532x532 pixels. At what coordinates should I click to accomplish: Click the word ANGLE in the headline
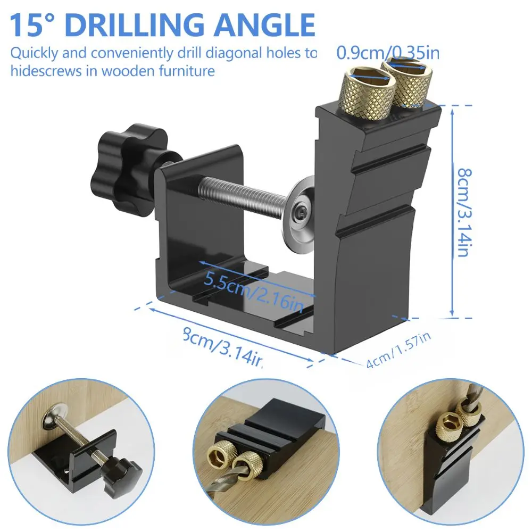(x=269, y=25)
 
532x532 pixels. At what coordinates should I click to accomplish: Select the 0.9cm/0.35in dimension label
(x=388, y=53)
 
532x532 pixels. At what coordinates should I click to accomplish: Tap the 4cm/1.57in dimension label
(x=398, y=352)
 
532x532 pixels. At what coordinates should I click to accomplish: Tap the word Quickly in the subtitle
(x=34, y=53)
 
